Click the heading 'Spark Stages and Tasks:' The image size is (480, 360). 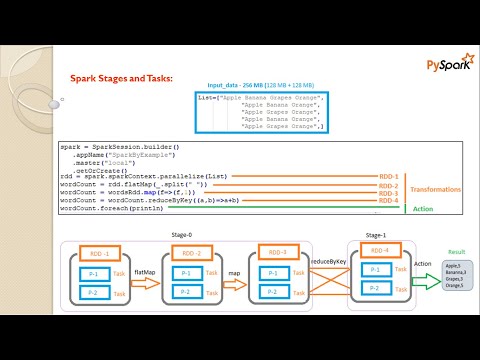(121, 78)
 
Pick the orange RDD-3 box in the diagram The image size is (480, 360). (279, 252)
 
